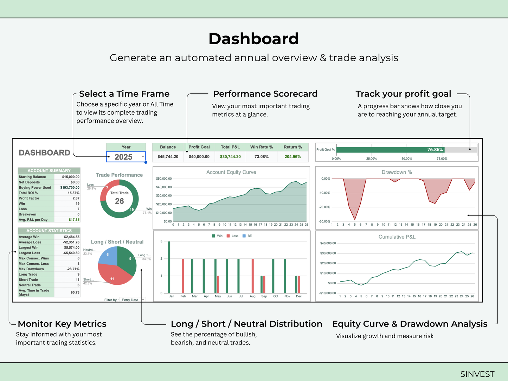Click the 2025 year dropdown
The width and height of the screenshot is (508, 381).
126,157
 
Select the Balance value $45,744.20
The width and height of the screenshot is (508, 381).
168,157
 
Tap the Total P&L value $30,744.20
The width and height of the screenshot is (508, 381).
230,157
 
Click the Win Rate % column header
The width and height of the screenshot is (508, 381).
262,147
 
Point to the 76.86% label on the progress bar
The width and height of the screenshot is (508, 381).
435,150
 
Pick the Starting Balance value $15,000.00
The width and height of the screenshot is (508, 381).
71,177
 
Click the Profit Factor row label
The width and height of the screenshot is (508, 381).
29,198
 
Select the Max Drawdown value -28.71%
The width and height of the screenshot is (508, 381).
73,269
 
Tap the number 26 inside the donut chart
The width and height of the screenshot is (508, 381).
120,201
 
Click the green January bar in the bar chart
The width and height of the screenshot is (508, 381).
169,267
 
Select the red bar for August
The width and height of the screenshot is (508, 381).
252,276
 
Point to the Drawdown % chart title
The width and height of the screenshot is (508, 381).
397,172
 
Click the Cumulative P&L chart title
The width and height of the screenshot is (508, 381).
397,237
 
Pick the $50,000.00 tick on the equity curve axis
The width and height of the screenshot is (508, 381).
164,179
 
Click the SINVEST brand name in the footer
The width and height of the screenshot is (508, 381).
477,374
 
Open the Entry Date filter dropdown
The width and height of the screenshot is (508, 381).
133,300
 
